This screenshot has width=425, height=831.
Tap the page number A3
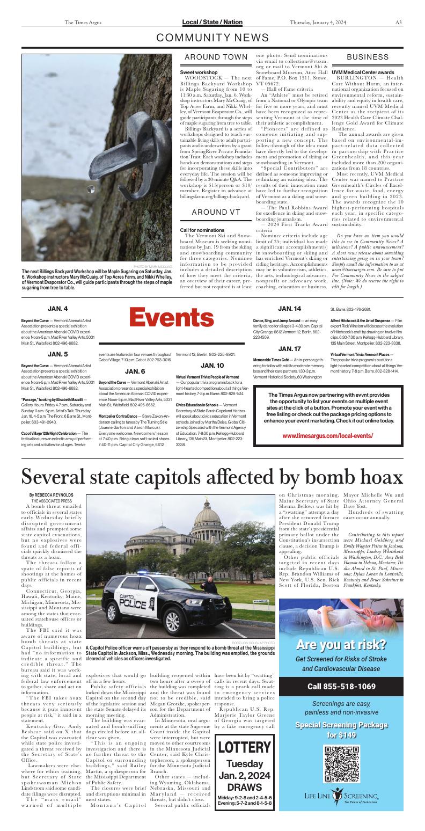click(399, 23)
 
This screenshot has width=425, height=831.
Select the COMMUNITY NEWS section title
click(213, 38)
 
